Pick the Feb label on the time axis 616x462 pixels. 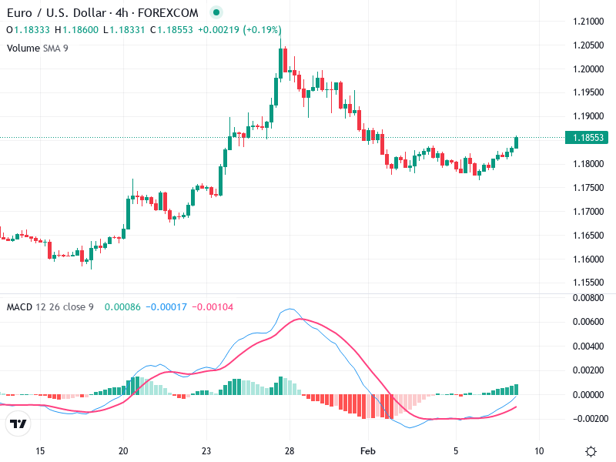coord(370,450)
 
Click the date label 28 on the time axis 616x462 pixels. coord(290,450)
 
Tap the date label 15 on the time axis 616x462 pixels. coord(41,450)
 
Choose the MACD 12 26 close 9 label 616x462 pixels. coord(50,307)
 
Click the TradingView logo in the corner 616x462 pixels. coord(18,423)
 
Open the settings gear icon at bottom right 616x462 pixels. coord(591,451)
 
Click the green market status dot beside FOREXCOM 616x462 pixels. coord(216,13)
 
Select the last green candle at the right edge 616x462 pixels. coord(517,142)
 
